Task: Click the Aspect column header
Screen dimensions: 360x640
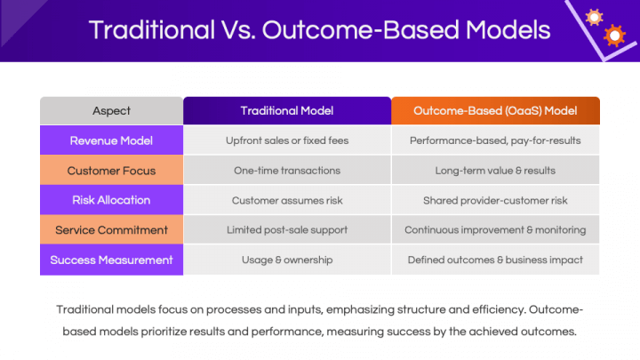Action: [x=111, y=111]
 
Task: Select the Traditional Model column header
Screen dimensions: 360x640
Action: [x=287, y=111]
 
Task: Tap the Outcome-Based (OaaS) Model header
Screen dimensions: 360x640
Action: [x=495, y=111]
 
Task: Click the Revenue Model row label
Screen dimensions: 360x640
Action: [x=111, y=140]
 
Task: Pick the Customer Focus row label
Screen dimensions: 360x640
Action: [x=111, y=171]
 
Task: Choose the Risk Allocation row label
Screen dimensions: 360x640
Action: [x=111, y=200]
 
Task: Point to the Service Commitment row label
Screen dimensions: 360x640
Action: [x=111, y=230]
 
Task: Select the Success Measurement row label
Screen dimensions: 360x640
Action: [x=111, y=260]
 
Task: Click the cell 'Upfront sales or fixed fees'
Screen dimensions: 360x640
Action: [x=287, y=140]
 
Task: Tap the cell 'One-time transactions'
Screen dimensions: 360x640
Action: [x=287, y=171]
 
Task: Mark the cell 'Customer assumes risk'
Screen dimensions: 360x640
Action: [x=287, y=200]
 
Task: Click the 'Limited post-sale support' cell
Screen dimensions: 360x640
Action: [x=287, y=230]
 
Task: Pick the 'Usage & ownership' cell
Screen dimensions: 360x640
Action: [x=287, y=260]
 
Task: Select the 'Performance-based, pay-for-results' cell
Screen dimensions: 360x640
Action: [x=495, y=140]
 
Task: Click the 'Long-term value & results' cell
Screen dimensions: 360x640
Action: [x=495, y=171]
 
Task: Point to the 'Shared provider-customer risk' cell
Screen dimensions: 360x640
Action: [x=495, y=200]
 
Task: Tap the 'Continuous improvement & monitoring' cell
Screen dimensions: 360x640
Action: [x=495, y=230]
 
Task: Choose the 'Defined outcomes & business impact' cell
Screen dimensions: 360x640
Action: [x=495, y=260]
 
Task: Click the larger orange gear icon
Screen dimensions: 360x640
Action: [x=613, y=36]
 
